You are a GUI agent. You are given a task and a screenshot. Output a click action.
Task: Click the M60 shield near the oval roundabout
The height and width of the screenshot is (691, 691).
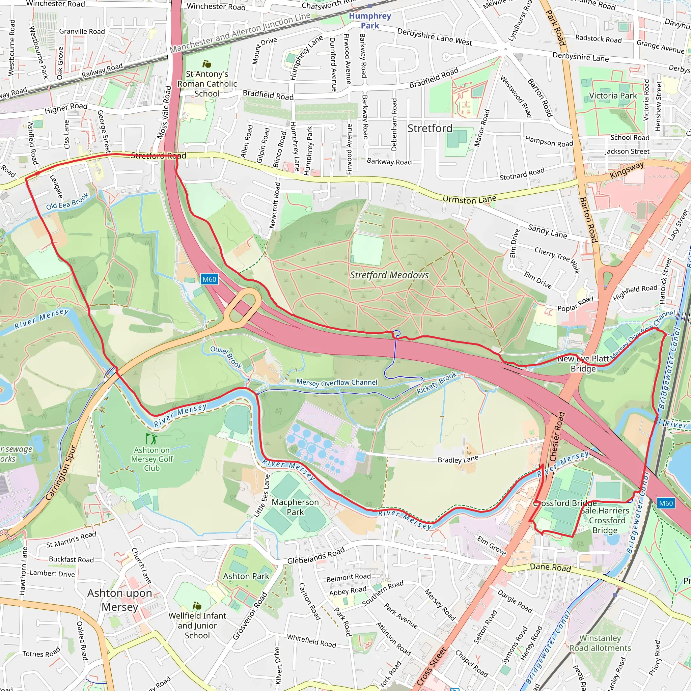(x=209, y=279)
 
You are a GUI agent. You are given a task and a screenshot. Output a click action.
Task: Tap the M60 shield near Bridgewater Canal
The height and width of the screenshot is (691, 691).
(x=666, y=503)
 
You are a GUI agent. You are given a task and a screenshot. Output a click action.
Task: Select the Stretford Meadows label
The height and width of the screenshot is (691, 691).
(x=389, y=275)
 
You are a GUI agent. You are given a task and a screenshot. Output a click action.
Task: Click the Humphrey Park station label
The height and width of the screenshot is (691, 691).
(x=370, y=21)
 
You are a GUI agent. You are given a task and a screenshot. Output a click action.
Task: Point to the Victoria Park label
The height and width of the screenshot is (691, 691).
(x=613, y=96)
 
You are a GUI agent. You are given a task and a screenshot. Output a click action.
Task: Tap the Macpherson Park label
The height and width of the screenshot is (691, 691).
(x=295, y=507)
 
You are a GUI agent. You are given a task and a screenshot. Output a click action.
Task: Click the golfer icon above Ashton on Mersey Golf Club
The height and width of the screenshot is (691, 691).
(x=151, y=439)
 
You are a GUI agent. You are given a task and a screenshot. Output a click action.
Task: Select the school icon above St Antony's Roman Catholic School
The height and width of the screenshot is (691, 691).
(x=207, y=64)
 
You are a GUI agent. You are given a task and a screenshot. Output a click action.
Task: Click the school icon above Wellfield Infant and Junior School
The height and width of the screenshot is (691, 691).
(x=197, y=606)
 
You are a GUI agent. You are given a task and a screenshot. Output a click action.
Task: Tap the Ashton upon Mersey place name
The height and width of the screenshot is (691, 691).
(x=120, y=600)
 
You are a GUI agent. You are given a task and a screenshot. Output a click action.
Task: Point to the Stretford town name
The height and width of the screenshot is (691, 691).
(x=430, y=129)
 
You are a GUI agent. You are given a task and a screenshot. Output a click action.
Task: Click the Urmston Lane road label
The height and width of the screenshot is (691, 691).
(x=469, y=199)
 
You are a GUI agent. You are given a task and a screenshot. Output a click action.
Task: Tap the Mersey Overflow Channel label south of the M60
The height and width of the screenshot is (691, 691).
(x=336, y=382)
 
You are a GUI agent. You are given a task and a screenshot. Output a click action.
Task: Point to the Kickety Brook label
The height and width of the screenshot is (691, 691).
(x=437, y=383)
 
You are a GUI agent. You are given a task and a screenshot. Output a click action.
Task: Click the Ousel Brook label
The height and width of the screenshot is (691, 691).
(x=226, y=357)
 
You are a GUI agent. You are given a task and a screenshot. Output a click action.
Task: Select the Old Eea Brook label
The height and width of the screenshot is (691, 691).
(x=67, y=202)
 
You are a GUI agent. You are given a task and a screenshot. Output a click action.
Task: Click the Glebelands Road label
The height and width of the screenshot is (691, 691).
(x=316, y=555)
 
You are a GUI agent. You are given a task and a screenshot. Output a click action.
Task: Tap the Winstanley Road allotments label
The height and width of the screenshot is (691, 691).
(x=600, y=643)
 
